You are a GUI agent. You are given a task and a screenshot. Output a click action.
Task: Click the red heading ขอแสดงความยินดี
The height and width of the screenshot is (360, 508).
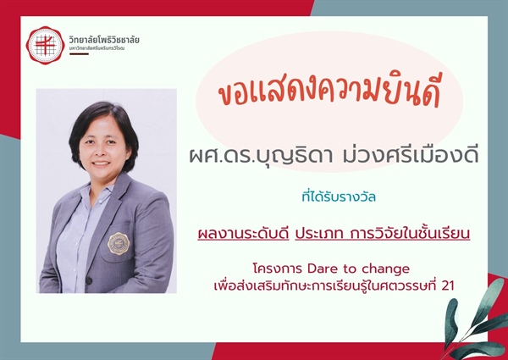coord(330,95)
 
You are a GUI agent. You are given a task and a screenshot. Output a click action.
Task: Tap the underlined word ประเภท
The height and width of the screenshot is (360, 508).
coord(321,232)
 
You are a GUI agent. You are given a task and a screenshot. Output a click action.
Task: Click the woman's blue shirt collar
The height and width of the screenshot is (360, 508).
coord(91,202)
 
